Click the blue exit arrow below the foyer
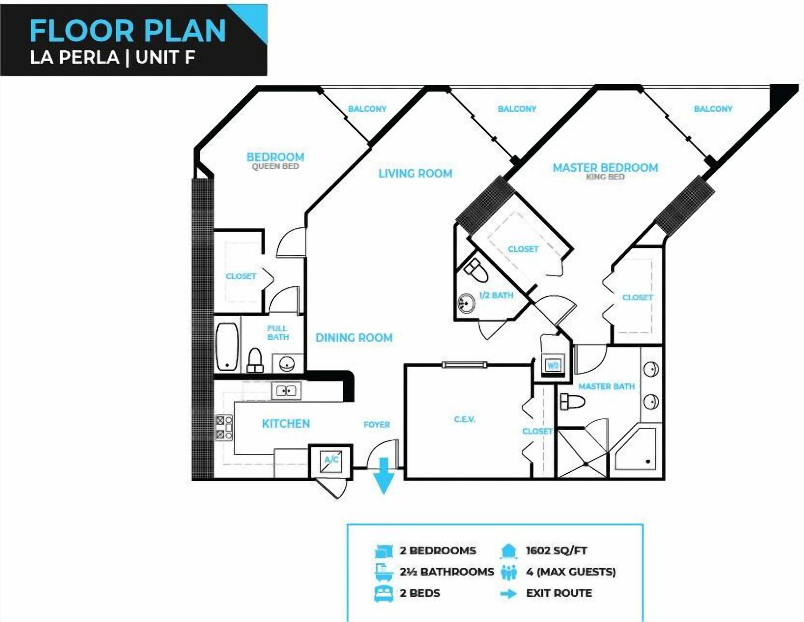(x=384, y=475)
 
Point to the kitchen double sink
(x=286, y=390)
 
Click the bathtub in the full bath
(x=227, y=347)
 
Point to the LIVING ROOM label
(x=415, y=173)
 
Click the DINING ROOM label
(x=354, y=338)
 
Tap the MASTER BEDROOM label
(x=605, y=168)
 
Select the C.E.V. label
(x=465, y=419)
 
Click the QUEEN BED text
(x=275, y=166)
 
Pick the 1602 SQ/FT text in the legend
(x=557, y=551)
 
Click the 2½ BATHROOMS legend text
(x=447, y=572)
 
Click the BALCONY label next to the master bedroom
(x=713, y=109)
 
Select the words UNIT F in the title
(x=165, y=58)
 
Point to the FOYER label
(x=377, y=425)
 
